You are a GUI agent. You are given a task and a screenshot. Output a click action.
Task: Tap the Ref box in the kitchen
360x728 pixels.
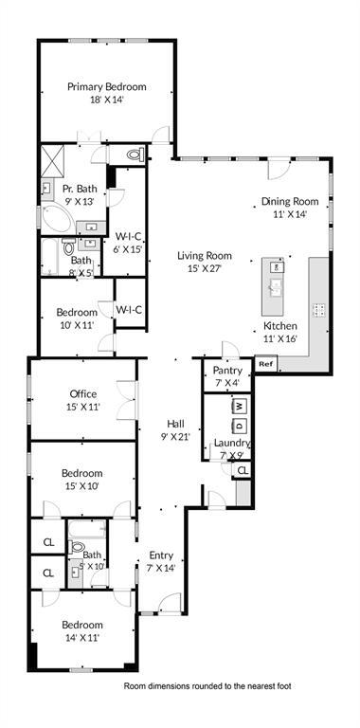[x=265, y=363]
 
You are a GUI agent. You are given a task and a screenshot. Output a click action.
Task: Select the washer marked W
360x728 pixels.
[x=240, y=405]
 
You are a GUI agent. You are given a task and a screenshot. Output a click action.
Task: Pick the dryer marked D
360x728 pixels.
[x=240, y=425]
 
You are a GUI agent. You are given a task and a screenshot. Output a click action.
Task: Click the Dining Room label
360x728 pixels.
[x=290, y=201]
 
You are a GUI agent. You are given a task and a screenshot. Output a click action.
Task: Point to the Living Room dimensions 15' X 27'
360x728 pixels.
[x=205, y=268]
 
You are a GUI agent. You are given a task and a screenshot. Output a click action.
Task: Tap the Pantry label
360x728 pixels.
[x=228, y=370]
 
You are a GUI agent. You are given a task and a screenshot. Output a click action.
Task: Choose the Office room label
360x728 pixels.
[x=82, y=393]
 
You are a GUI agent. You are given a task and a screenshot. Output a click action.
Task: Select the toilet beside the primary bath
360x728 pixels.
[x=133, y=154]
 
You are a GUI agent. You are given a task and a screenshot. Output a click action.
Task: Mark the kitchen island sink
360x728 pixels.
[x=277, y=284]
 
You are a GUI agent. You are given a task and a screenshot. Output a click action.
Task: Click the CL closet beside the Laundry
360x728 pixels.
[x=243, y=470]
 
